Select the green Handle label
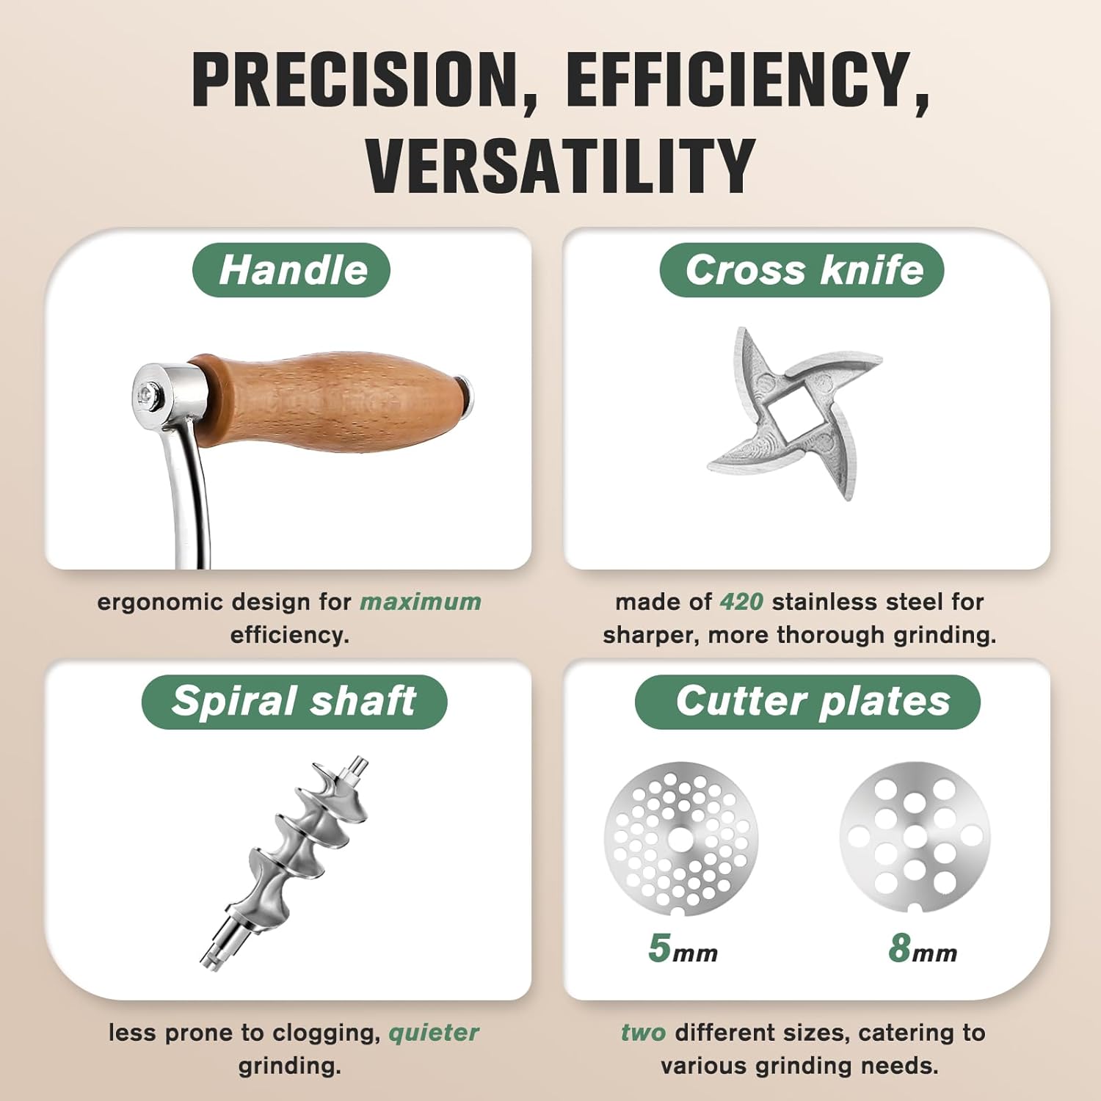coord(292,270)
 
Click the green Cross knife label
coord(802,270)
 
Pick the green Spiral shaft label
coord(294,701)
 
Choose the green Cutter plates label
coord(807,701)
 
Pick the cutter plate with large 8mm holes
coord(915,837)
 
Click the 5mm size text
coord(683,948)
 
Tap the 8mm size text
coord(922,948)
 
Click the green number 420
coord(741,602)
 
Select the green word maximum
coord(420,602)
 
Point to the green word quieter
coord(433,1033)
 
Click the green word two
coord(643,1033)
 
